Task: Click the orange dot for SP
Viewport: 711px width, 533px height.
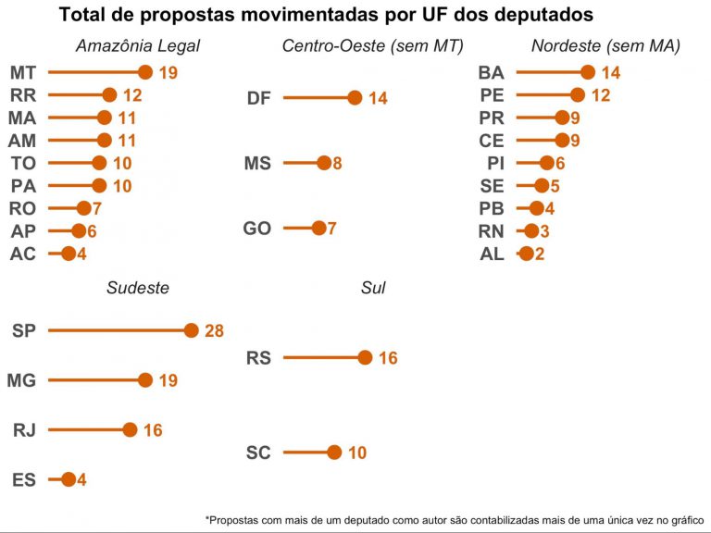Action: click(192, 330)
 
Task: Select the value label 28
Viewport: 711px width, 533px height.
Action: click(214, 331)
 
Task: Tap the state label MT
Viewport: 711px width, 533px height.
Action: click(23, 72)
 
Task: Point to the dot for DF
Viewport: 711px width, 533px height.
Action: click(355, 98)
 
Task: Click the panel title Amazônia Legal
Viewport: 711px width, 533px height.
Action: click(138, 46)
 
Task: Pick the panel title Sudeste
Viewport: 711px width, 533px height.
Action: click(138, 288)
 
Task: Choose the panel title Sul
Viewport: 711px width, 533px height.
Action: click(373, 288)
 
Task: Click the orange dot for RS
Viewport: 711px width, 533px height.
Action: click(365, 358)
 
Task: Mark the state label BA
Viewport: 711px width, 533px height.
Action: click(491, 72)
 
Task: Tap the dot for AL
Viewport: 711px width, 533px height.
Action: click(527, 254)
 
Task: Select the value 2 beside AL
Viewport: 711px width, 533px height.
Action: click(540, 254)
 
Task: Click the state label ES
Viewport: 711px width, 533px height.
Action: click(24, 479)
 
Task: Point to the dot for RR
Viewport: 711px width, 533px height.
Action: click(109, 94)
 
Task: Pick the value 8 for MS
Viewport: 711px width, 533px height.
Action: click(337, 164)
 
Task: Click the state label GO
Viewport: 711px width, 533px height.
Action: click(257, 229)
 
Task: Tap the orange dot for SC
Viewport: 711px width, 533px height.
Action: click(334, 452)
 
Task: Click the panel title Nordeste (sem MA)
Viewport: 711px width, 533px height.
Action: click(605, 46)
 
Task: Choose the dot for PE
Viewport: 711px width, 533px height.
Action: click(578, 94)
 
